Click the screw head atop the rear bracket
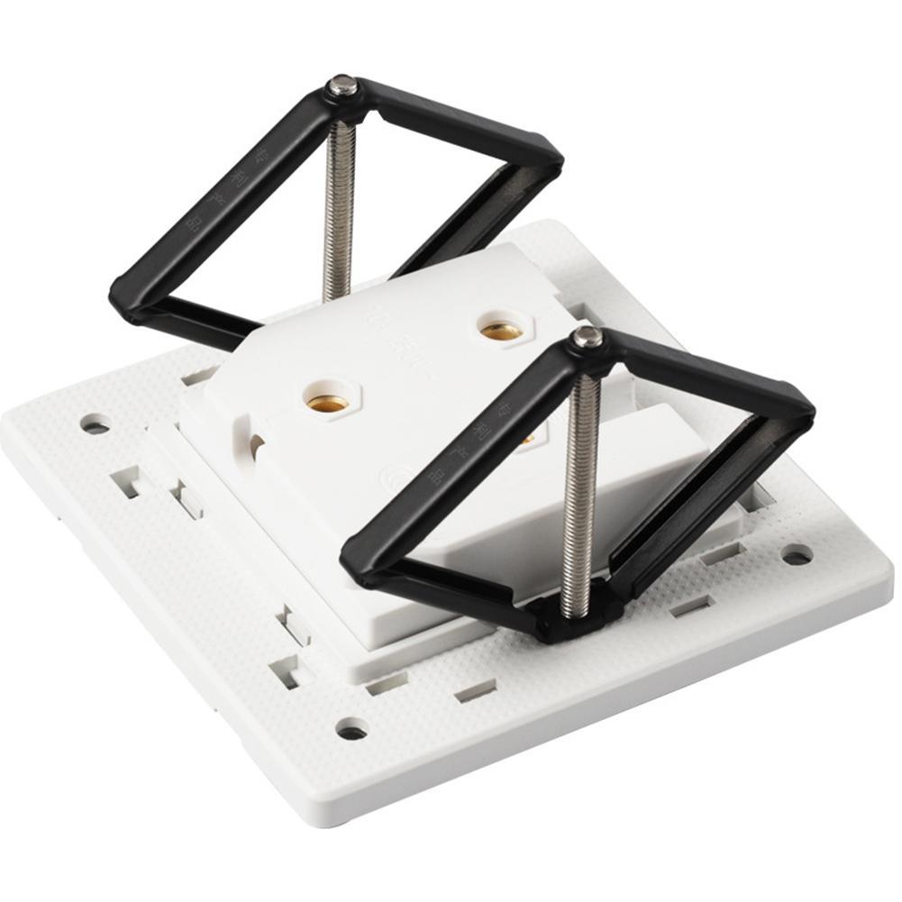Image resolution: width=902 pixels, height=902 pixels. point(341,87)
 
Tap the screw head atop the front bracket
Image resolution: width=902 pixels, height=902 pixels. point(588,337)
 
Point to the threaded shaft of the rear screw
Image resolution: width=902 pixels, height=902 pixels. point(339,207)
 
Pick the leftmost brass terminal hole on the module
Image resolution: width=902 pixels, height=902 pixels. point(326,403)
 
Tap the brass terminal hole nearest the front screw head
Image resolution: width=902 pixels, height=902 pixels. point(501,331)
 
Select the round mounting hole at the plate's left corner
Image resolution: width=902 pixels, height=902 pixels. point(95,423)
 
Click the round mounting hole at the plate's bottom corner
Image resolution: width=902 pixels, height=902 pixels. point(351,727)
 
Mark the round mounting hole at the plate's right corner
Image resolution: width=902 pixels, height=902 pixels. point(797,554)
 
